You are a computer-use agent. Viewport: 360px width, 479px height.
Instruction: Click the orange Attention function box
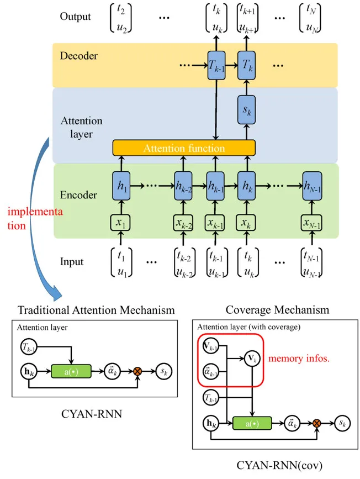coord(184,148)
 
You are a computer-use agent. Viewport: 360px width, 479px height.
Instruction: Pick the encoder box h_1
coord(121,182)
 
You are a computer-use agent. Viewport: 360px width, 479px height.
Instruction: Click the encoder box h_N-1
coord(313,182)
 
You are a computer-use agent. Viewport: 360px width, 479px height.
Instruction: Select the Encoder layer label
coord(78,195)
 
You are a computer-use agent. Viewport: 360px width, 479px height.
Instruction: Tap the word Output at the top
coord(75,16)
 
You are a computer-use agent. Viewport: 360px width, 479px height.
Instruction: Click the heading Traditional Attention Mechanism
coord(97,310)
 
